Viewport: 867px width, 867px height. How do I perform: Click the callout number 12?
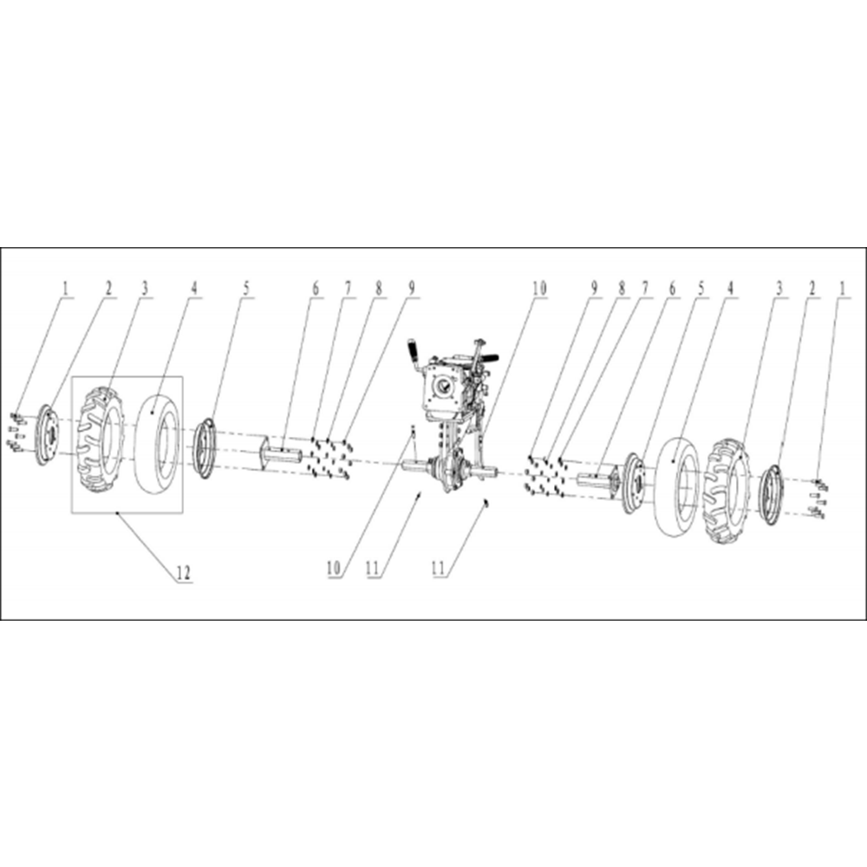pos(184,573)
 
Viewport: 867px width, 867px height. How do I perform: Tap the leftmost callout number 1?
pos(65,288)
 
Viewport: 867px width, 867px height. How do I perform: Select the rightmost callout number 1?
pos(842,288)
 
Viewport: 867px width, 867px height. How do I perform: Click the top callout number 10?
pos(539,288)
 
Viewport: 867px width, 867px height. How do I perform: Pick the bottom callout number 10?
pos(334,568)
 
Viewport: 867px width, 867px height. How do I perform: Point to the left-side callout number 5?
pos(246,288)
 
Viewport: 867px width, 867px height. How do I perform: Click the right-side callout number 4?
pos(730,288)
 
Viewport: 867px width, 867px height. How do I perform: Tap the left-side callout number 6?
pos(316,288)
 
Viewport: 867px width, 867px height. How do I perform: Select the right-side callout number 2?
pos(812,288)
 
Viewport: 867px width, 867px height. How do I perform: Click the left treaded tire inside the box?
pos(100,441)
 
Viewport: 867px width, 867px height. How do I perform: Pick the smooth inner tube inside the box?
pos(158,442)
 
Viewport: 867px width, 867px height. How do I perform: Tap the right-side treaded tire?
pos(727,491)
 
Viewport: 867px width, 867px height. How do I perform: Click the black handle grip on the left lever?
pos(413,349)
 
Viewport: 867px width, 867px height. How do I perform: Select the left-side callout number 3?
pos(144,288)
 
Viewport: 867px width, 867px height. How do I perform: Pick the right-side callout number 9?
pos(595,288)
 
